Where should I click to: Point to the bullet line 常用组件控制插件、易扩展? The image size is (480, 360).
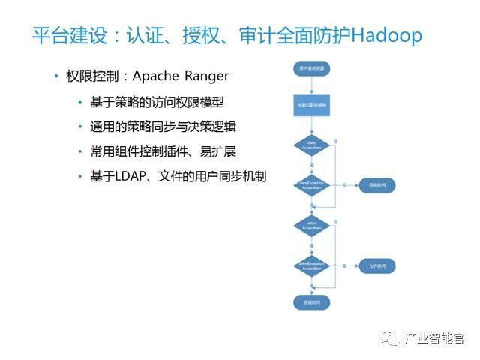pyautogui.click(x=163, y=151)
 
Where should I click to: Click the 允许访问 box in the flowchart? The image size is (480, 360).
pyautogui.click(x=376, y=265)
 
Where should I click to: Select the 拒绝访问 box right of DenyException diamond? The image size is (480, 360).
pyautogui.click(x=376, y=184)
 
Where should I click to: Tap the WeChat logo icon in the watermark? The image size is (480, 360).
pyautogui.click(x=391, y=338)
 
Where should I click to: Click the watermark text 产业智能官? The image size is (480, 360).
pyautogui.click(x=434, y=339)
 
